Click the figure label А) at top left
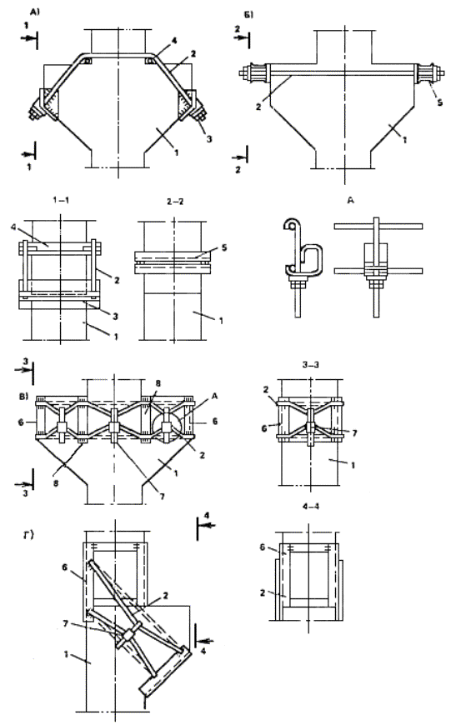[35, 12]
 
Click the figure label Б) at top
[248, 15]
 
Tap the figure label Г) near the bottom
[28, 536]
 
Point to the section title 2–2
[174, 202]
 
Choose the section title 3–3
[311, 364]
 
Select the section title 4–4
[311, 507]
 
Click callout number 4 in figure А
[174, 41]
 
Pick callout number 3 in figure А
[209, 138]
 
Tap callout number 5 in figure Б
[440, 102]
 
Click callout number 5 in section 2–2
[224, 247]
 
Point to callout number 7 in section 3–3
[355, 432]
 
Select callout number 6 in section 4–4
[263, 547]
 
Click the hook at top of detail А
[290, 225]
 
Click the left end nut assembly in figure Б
[255, 73]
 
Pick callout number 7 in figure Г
[65, 624]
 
